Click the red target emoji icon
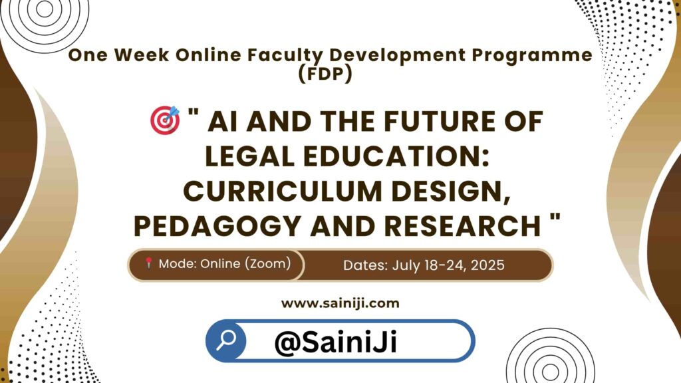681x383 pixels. click(165, 120)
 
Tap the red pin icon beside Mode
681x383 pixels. click(148, 263)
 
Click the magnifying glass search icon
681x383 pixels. click(226, 340)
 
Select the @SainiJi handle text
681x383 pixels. click(336, 342)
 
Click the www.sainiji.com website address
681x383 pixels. click(340, 303)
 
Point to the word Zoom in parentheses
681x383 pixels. click(268, 263)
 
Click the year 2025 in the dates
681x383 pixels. click(487, 265)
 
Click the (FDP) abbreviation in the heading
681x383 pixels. click(325, 73)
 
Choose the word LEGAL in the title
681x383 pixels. click(250, 156)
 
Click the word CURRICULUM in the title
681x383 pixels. click(284, 191)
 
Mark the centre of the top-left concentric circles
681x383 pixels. click(45, 9)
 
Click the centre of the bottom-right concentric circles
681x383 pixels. click(550, 372)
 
